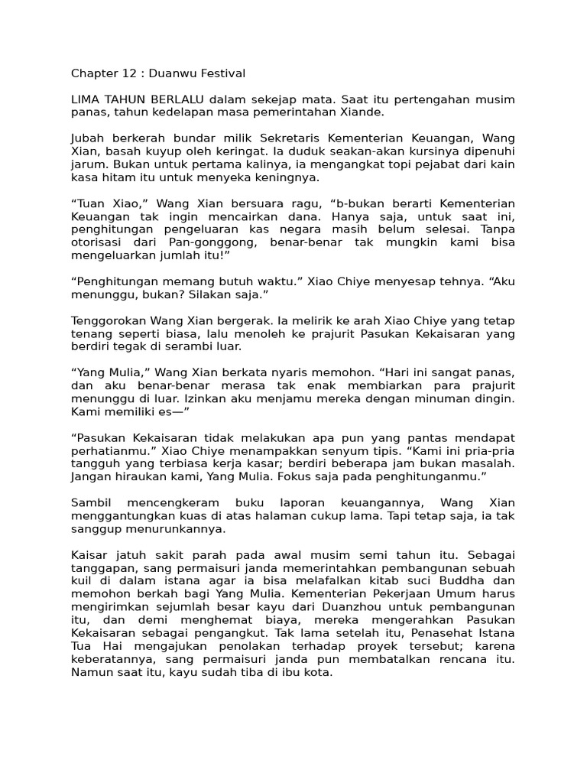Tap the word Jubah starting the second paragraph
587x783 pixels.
click(x=87, y=138)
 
